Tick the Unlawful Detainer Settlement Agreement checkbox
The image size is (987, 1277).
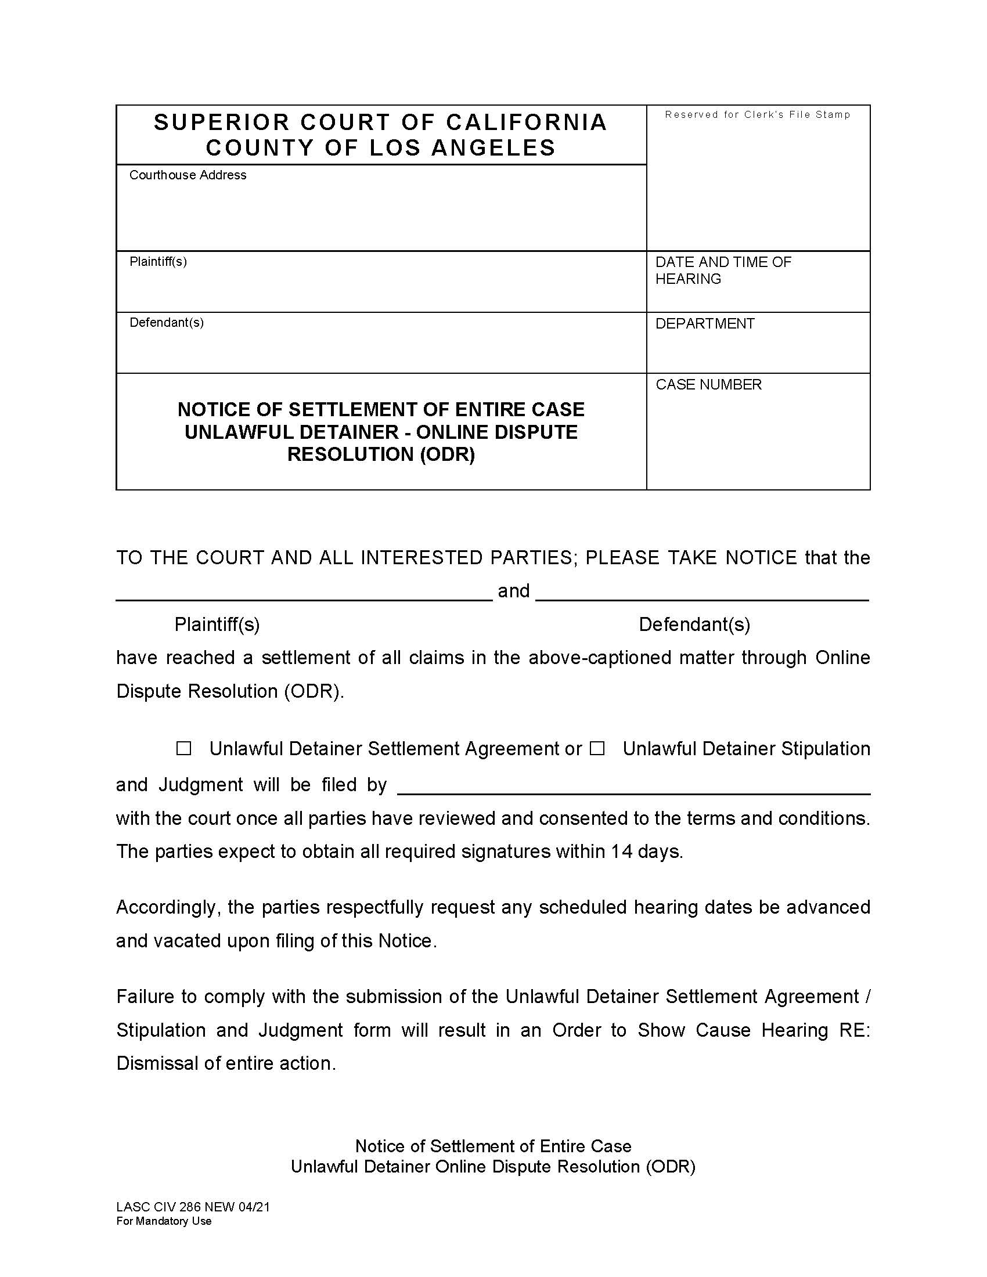coord(183,748)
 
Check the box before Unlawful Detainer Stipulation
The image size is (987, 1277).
coord(597,748)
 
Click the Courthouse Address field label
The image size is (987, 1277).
coord(188,175)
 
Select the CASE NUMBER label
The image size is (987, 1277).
coord(709,384)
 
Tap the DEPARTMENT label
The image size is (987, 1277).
coord(705,323)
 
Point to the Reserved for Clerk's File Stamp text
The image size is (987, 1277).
coord(757,114)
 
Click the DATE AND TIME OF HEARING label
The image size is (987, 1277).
coord(723,270)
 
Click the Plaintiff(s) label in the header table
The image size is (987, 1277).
coord(158,261)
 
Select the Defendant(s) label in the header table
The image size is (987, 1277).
coord(167,322)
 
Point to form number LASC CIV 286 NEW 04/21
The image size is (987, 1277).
coord(193,1207)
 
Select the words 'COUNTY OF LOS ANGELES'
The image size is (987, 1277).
coord(381,147)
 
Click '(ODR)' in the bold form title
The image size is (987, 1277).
coord(447,454)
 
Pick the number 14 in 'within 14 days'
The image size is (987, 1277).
coord(622,852)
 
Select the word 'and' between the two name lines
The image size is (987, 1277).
coord(513,590)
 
